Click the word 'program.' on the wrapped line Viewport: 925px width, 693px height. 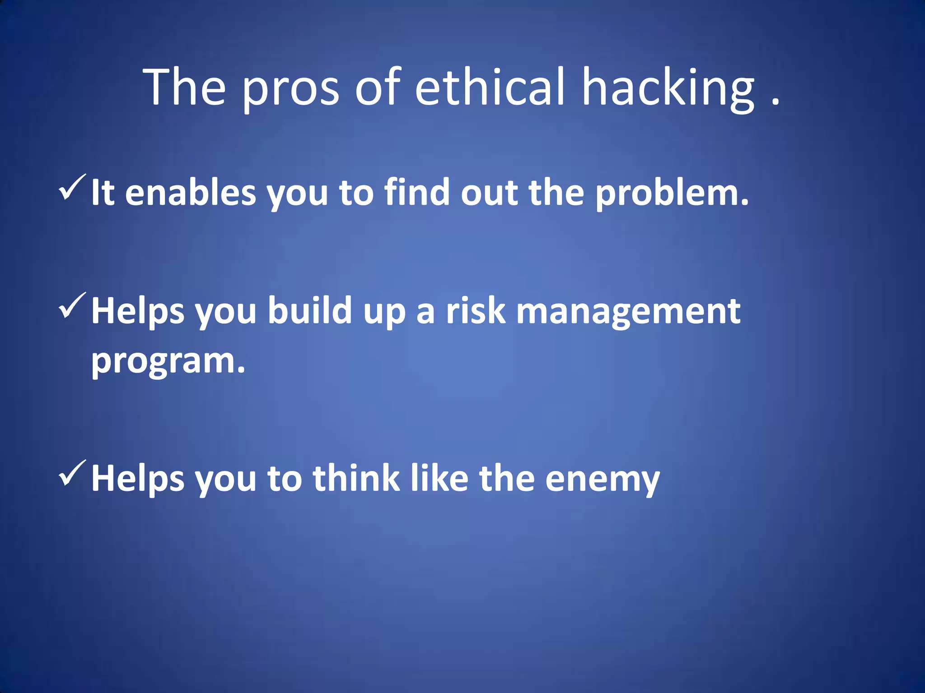coord(168,361)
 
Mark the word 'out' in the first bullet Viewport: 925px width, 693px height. coord(489,193)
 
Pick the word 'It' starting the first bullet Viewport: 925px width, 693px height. coord(103,193)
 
